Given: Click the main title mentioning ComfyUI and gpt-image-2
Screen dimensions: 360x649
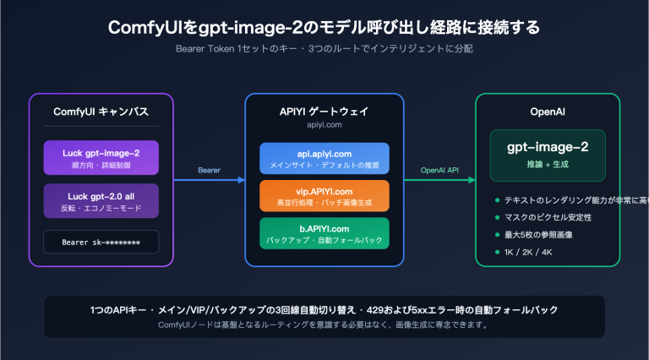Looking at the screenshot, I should coord(324,27).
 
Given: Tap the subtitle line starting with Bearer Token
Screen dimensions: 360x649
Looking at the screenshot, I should coord(324,48).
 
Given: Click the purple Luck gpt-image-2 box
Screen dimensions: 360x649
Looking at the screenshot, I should coord(101,157).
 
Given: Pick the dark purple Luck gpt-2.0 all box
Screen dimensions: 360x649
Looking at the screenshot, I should coord(101,200).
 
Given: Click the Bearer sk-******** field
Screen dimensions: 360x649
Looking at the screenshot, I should coord(101,242).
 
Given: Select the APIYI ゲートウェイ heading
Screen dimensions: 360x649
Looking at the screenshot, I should coord(324,111).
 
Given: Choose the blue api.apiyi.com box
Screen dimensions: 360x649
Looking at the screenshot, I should coord(324,158).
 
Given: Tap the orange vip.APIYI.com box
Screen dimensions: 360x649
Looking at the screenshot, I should coord(324,196).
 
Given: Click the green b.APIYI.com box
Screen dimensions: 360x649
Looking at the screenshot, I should coord(324,233).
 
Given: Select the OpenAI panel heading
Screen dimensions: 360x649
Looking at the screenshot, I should coord(548,112).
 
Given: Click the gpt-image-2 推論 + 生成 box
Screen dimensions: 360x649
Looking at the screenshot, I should coord(548,155).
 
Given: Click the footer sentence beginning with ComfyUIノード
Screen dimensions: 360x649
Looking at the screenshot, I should coord(324,325).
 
